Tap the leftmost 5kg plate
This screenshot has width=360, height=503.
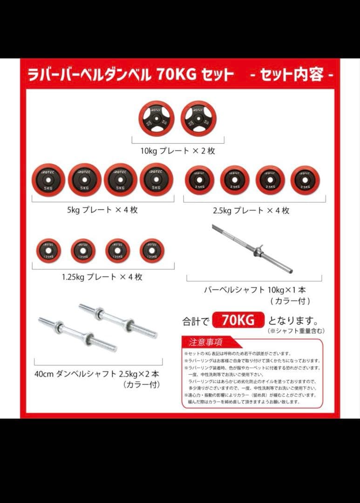coord(49,180)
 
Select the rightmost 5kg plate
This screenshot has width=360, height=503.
coord(156,180)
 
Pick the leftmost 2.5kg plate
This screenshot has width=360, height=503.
coord(199,180)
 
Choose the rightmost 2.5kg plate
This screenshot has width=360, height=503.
coord(306,180)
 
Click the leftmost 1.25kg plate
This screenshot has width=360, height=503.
coord(48,251)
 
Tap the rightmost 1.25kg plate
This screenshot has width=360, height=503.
coord(152,251)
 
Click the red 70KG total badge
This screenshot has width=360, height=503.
coord(238,320)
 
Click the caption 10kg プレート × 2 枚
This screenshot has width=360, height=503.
coord(178,151)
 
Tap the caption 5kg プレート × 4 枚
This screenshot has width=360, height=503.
coord(102,210)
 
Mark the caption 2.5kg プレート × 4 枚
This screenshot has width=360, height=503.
coord(251,211)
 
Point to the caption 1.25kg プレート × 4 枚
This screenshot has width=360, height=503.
coord(102,277)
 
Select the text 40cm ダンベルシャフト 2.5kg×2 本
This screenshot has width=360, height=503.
coord(97,374)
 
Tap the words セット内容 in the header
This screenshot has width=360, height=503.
coord(292,75)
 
